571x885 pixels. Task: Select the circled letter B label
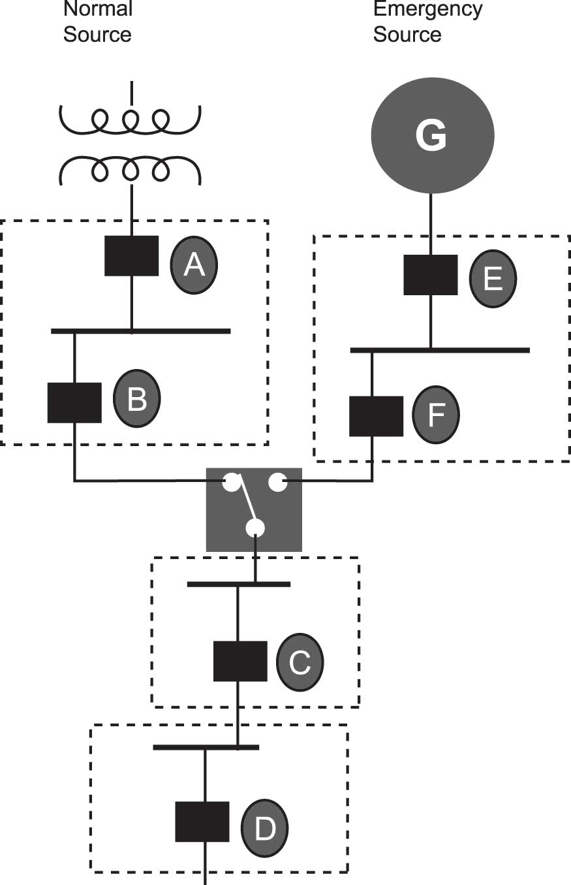point(136,398)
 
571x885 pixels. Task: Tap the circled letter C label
point(300,662)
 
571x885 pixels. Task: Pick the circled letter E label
point(493,278)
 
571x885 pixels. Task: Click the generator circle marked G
point(432,136)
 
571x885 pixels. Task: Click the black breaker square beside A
point(132,255)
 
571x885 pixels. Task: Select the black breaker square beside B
point(75,402)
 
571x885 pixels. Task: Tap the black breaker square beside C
point(240,661)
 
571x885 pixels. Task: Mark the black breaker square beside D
point(202,822)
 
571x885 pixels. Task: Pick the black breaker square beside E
point(430,274)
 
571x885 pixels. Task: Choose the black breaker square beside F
point(376,416)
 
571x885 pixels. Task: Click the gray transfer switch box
point(254,509)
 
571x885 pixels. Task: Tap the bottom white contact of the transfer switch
point(255,528)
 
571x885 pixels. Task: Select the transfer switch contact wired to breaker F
point(277,483)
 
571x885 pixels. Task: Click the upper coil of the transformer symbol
point(131,118)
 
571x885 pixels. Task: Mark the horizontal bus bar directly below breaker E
point(439,351)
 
